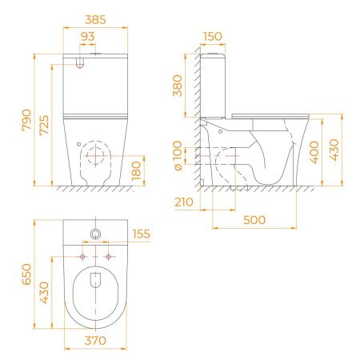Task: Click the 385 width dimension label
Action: coord(95,20)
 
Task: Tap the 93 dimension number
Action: coord(87,37)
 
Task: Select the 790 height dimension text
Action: coord(26,120)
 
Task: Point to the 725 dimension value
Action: coord(44,125)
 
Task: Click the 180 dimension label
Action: coord(136,170)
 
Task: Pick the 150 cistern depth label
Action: coord(212,37)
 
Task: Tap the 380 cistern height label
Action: coord(178,86)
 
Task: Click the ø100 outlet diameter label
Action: coord(178,156)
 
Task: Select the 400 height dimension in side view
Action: coord(314,152)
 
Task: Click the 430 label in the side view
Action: coord(334,150)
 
